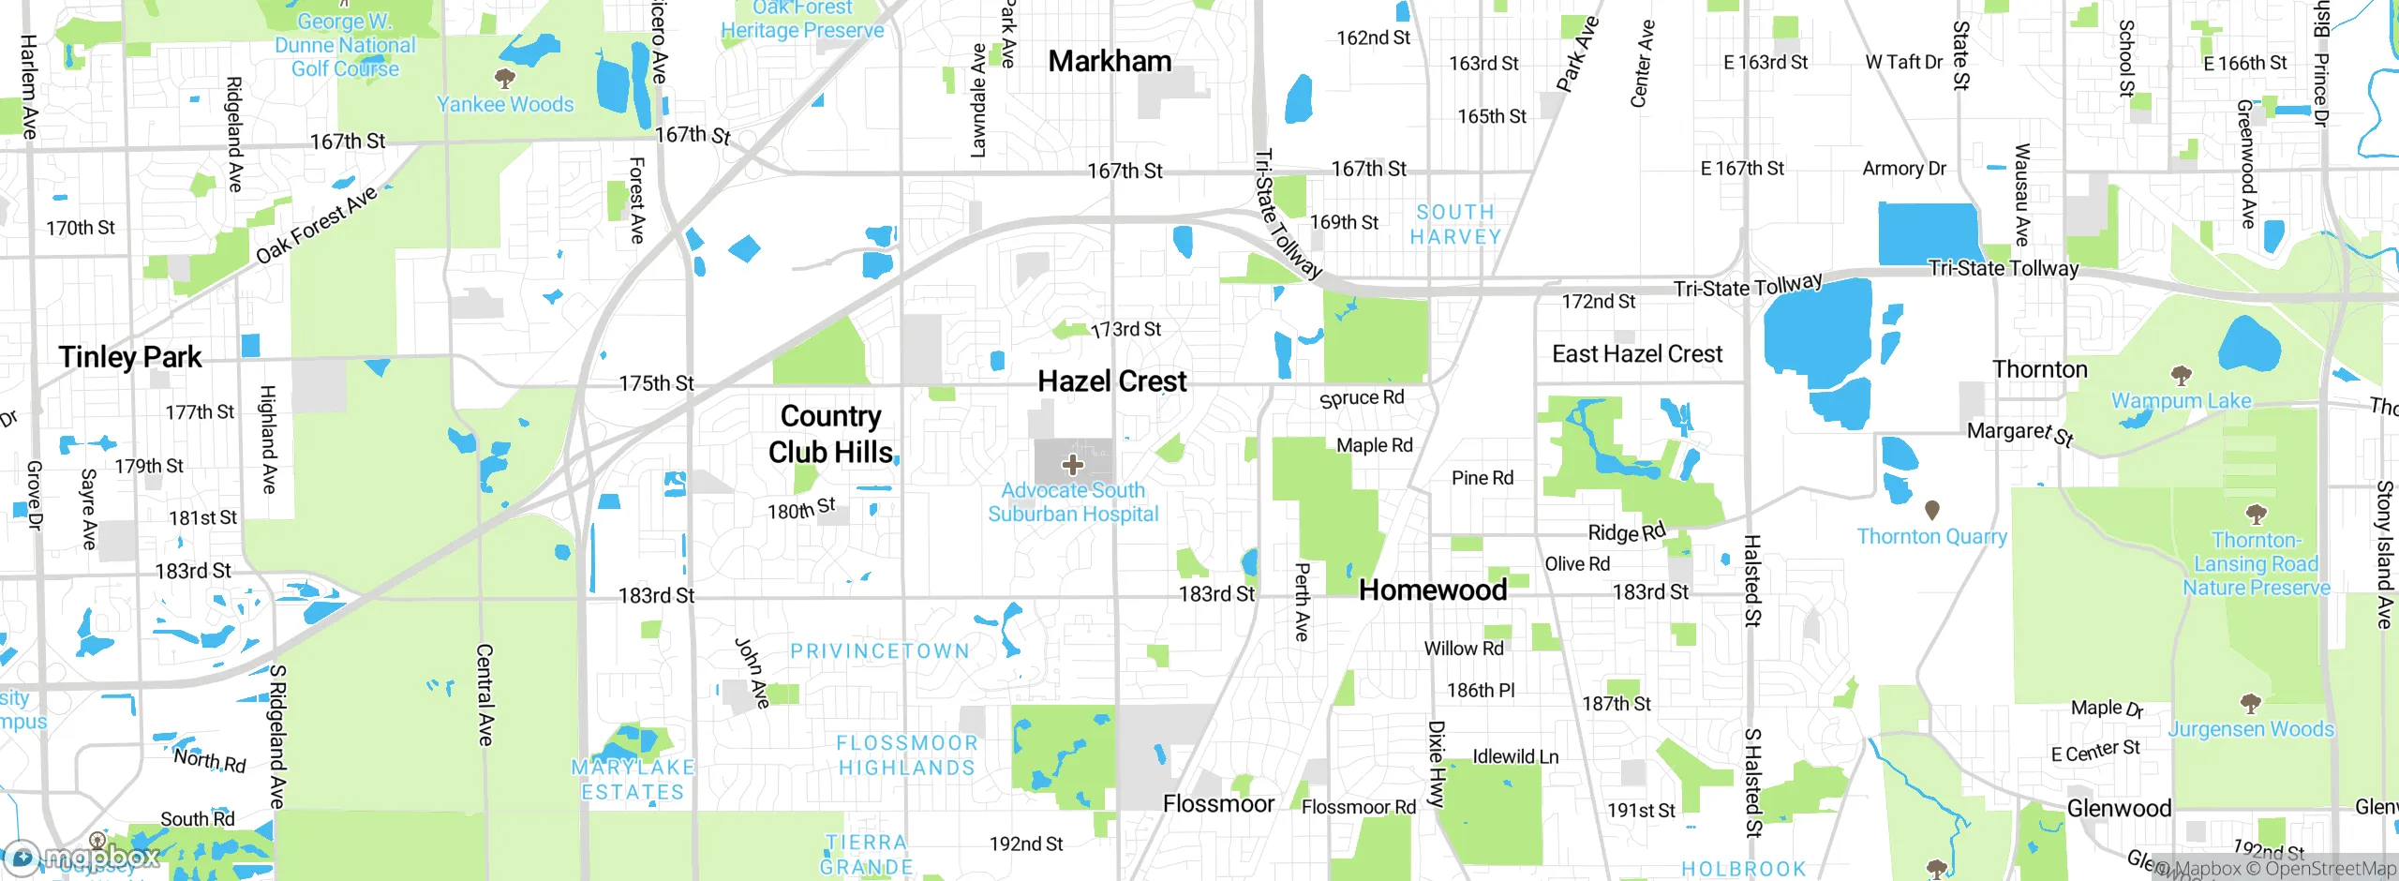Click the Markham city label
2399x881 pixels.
pos(1110,62)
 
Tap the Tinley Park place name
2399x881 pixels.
pos(130,357)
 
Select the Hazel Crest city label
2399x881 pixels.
pos(1112,381)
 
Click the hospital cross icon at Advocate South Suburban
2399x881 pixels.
pos(1073,465)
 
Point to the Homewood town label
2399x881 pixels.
pos(1433,590)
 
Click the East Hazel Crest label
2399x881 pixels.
pos(1637,354)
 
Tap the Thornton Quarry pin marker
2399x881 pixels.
pos(1931,510)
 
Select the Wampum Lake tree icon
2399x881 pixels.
pos(2182,377)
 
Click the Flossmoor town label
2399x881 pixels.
pos(1218,804)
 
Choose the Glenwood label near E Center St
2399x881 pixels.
pos(2119,808)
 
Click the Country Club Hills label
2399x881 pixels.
pos(830,434)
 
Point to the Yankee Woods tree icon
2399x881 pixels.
pos(505,78)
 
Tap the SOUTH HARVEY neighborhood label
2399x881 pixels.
pos(1455,225)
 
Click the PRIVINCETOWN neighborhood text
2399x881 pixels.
pos(880,651)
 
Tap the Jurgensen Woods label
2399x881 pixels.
pos(2251,729)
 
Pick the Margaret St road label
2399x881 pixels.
pos(2020,433)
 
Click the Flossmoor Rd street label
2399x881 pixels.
pos(1359,807)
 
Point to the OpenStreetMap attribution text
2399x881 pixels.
pos(2330,869)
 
